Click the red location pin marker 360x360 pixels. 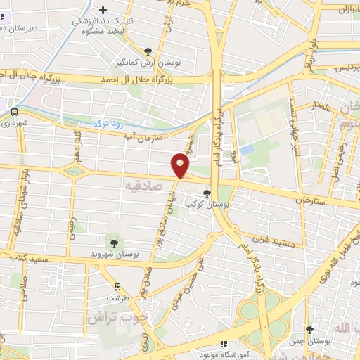pyautogui.click(x=181, y=165)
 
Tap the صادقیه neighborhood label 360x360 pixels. pyautogui.click(x=143, y=186)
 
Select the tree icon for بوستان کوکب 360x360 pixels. pyautogui.click(x=207, y=193)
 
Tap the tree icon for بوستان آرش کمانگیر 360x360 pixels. pyautogui.click(x=148, y=51)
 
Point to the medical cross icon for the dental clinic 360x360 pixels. pyautogui.click(x=103, y=10)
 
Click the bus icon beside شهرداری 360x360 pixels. pyautogui.click(x=15, y=111)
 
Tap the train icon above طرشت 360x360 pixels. pyautogui.click(x=118, y=287)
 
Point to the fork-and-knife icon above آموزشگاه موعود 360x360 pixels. pyautogui.click(x=223, y=345)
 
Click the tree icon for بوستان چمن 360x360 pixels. pyautogui.click(x=310, y=330)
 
